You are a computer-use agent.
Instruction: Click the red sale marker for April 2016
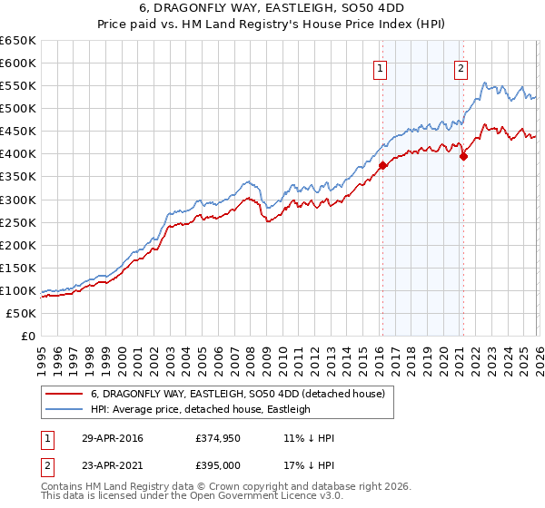(x=383, y=165)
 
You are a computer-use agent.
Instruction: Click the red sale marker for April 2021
(x=463, y=156)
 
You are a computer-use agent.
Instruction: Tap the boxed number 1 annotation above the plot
(x=380, y=67)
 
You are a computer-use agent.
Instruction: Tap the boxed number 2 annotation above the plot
(x=461, y=67)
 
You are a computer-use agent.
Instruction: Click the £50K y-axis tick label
(x=22, y=313)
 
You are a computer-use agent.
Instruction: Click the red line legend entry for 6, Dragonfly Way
(x=238, y=394)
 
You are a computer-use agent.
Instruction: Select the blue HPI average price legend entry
(x=200, y=409)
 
